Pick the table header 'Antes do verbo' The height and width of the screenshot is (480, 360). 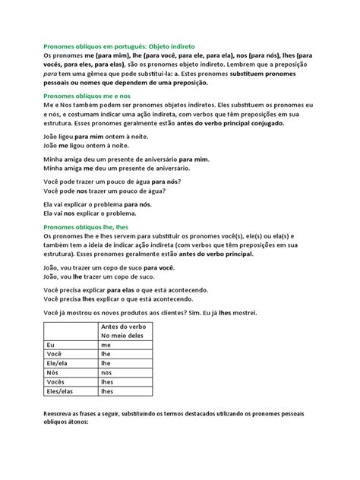click(x=126, y=326)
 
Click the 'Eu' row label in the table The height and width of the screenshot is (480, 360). click(x=51, y=345)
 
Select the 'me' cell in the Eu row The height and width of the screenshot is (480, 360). click(x=106, y=345)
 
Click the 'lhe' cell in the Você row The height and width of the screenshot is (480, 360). click(x=106, y=354)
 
